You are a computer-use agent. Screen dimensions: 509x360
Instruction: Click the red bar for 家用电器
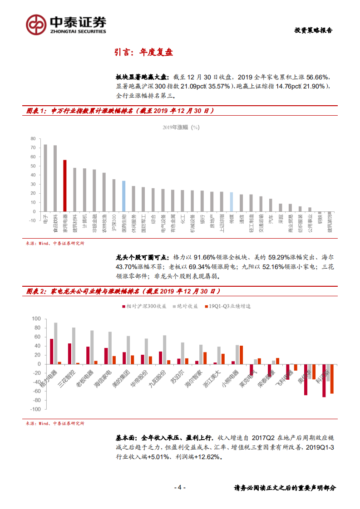tap(65, 186)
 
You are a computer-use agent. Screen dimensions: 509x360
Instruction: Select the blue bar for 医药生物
tap(123, 196)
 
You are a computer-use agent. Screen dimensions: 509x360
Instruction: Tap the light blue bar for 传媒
tap(231, 202)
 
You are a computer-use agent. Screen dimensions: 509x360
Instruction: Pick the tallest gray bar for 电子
tap(45, 178)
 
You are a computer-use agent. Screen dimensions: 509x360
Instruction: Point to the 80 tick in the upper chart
tap(33, 138)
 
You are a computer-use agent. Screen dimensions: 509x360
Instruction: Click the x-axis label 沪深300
tap(113, 222)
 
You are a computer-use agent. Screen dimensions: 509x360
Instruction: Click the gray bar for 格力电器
tap(56, 343)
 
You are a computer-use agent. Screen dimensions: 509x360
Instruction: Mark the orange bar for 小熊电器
tap(242, 355)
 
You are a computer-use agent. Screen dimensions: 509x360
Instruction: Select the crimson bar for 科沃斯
tap(324, 381)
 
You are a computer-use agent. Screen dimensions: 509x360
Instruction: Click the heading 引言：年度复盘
tap(143, 52)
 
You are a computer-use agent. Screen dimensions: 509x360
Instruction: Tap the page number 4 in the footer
tap(180, 488)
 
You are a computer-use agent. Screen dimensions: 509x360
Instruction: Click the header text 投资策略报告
tap(313, 30)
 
